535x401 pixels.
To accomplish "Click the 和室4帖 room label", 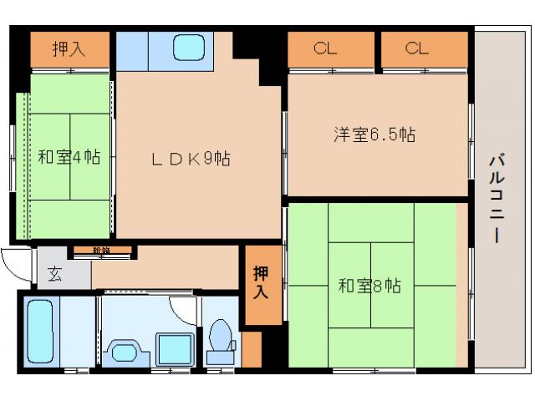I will [69, 156].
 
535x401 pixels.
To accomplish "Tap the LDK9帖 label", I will [191, 158].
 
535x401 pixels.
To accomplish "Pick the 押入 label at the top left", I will [69, 49].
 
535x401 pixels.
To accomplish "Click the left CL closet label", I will [325, 48].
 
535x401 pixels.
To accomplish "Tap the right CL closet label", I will [417, 48].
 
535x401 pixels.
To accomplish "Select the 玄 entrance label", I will [54, 272].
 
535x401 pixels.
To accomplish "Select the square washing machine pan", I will [173, 348].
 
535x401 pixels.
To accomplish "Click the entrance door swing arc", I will [17, 265].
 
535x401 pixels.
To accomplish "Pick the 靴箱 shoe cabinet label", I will [101, 250].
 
